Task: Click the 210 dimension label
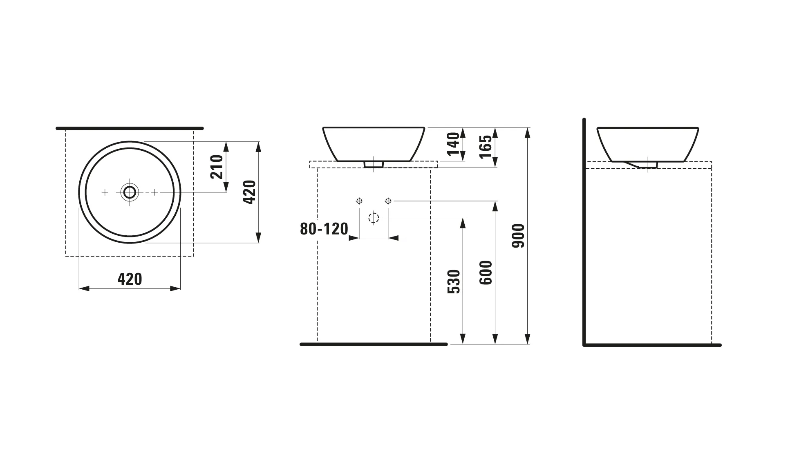click(x=217, y=167)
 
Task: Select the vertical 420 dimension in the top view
click(x=250, y=192)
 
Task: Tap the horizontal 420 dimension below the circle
click(x=130, y=279)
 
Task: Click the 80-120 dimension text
click(x=324, y=229)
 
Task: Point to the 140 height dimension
click(x=453, y=144)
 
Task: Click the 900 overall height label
click(x=518, y=236)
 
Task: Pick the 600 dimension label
click(x=486, y=273)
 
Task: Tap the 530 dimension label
click(x=454, y=281)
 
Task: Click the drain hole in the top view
click(x=130, y=192)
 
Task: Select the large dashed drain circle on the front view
click(x=374, y=218)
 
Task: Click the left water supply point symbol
click(x=359, y=201)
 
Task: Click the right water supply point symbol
click(x=388, y=201)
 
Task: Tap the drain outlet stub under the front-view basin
click(x=374, y=164)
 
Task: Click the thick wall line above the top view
click(x=130, y=128)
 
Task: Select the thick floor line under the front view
click(x=374, y=344)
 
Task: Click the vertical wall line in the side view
click(x=584, y=233)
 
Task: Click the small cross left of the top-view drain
click(x=105, y=192)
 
